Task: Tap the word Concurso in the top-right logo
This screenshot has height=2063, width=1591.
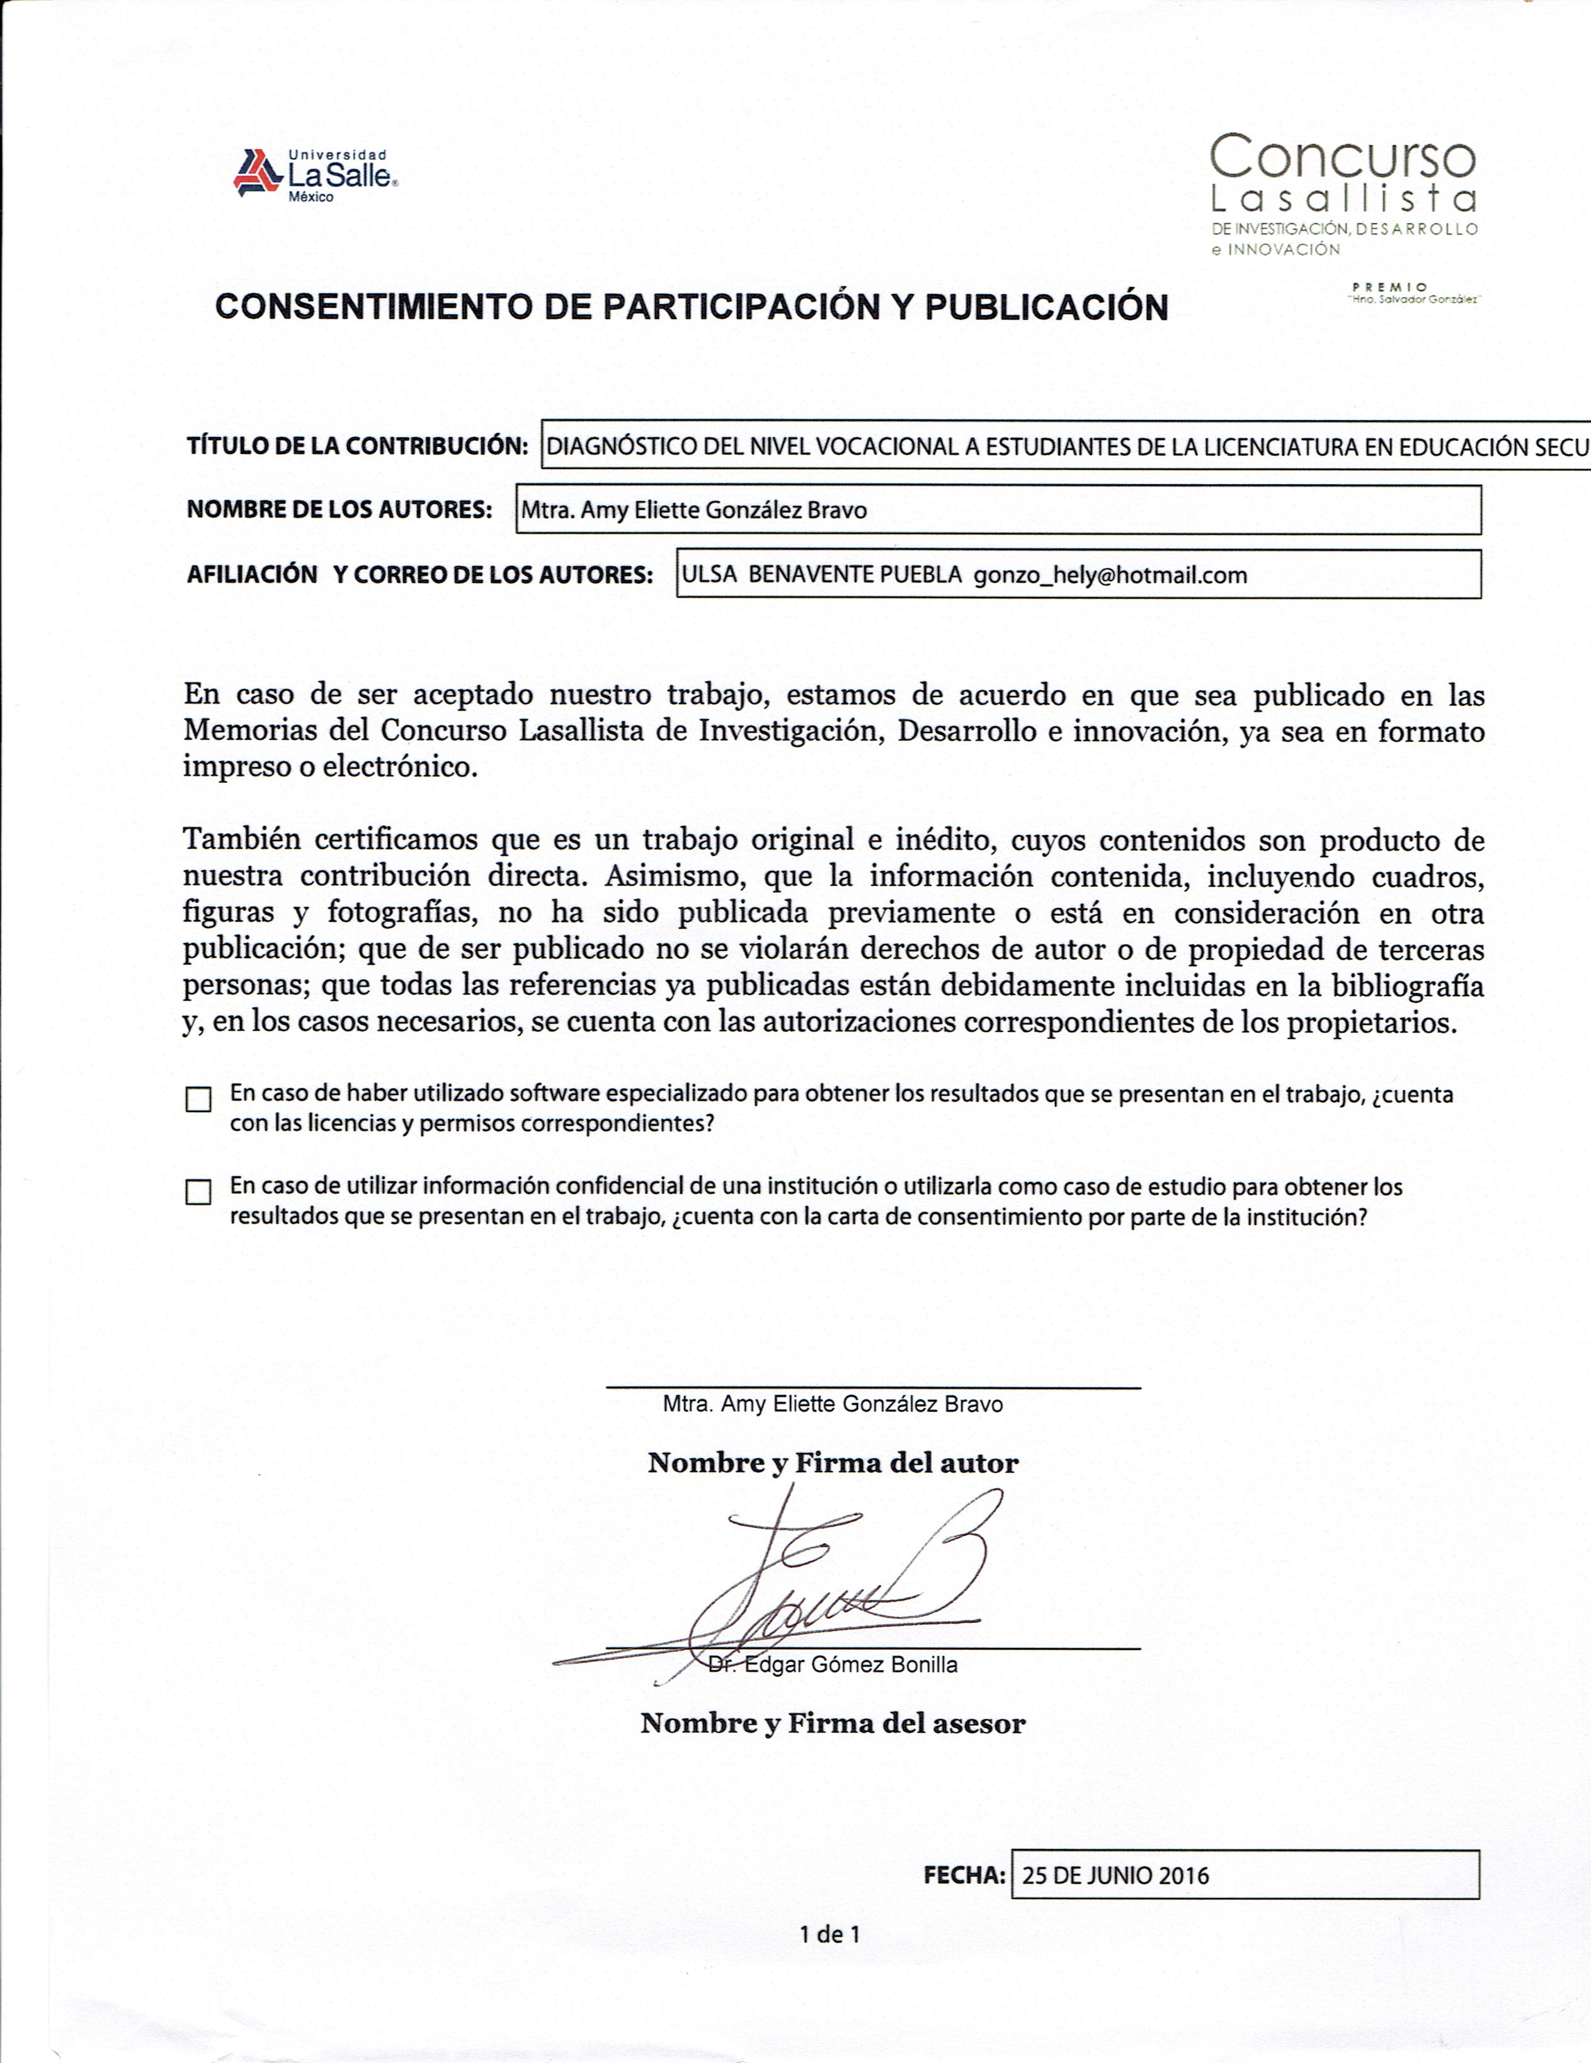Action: [1343, 157]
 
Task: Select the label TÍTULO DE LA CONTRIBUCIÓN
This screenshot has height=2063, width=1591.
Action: [357, 446]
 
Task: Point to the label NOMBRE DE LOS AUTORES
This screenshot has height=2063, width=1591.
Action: [339, 510]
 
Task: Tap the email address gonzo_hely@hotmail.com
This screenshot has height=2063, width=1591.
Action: [1110, 576]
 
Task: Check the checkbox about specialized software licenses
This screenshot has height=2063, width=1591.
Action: [198, 1100]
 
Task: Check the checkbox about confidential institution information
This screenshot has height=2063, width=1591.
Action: [198, 1192]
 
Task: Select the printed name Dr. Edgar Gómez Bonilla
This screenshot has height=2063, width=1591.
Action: [833, 1664]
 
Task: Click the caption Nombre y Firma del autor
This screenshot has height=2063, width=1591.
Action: [833, 1463]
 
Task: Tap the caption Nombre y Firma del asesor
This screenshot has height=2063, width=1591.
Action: [833, 1724]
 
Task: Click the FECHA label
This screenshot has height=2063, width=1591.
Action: [964, 1876]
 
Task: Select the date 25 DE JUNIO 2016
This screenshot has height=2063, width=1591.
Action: [1115, 1876]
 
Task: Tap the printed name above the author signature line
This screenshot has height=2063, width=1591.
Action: [833, 1404]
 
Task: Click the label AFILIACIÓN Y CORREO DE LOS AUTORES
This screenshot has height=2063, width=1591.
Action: [419, 576]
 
